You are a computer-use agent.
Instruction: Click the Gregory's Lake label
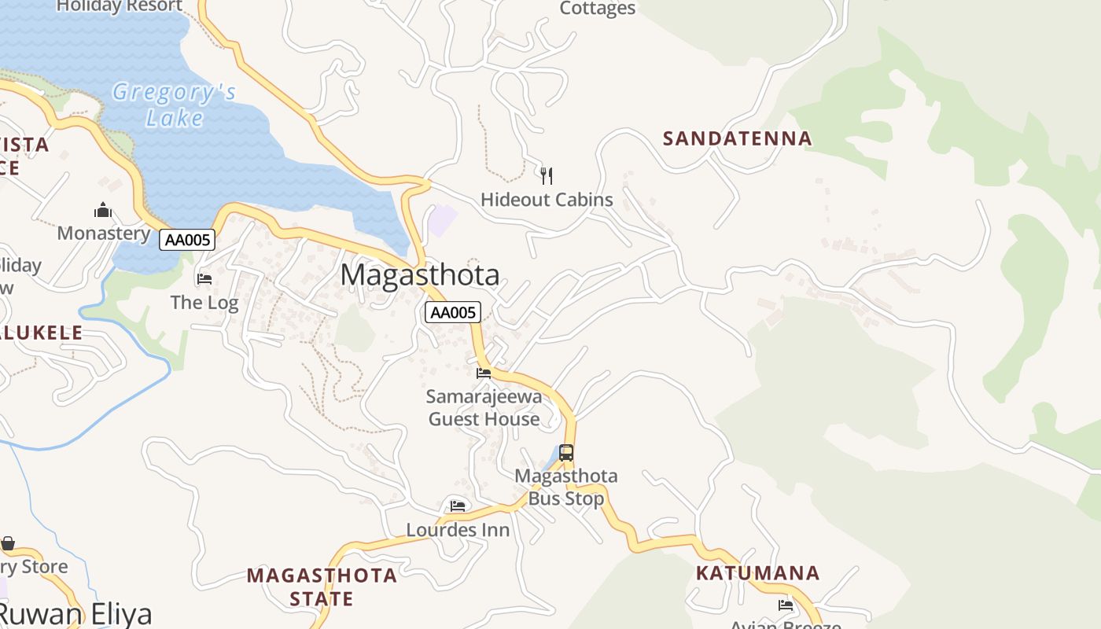174,105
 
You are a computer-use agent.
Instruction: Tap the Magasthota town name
420,275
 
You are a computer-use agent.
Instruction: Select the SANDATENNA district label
737,138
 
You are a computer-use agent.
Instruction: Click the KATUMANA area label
757,572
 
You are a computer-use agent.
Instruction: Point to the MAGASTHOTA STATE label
322,587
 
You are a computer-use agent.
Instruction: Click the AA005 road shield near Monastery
187,240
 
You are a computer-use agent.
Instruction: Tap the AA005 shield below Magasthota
453,312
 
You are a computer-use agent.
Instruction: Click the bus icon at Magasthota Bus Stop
566,453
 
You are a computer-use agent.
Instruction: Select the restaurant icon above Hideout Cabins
547,175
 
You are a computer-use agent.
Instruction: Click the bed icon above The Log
204,278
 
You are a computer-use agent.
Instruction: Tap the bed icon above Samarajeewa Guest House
484,373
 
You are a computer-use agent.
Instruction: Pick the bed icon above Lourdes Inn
458,506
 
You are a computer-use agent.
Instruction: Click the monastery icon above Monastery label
103,210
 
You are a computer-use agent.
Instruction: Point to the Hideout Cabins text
547,200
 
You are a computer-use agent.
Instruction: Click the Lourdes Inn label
458,530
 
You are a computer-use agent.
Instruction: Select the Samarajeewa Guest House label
484,407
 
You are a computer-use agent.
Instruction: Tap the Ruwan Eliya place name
75,614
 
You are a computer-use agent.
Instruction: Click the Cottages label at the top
597,9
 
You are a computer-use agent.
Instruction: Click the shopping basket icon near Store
8,543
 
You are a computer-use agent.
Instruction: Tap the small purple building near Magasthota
442,221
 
